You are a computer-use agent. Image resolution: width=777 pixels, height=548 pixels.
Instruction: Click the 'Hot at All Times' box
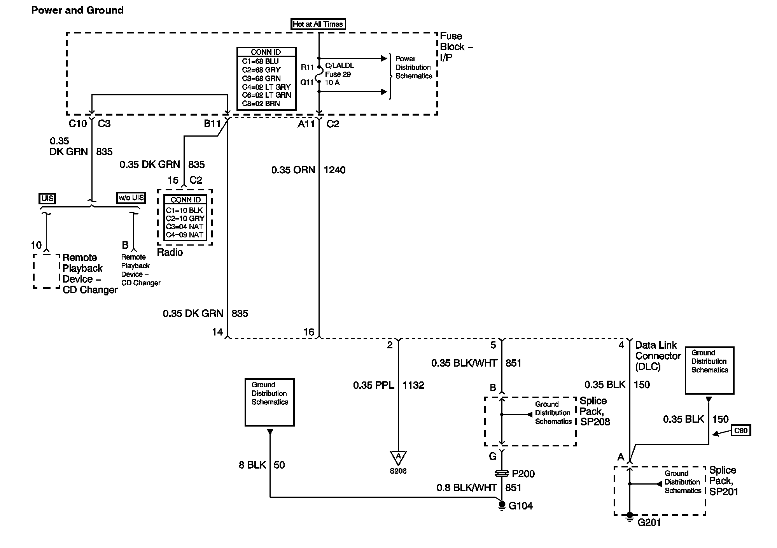(318, 24)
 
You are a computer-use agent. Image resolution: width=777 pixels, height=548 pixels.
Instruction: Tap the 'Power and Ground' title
(77, 10)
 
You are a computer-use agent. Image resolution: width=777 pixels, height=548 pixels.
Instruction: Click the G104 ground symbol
(502, 506)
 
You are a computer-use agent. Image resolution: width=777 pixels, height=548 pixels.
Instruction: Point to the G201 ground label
(649, 522)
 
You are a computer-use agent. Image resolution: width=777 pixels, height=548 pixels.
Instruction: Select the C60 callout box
(740, 430)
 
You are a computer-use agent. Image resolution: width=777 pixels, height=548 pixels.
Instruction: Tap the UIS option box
(47, 198)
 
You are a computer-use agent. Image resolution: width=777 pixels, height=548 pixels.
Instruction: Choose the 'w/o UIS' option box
(131, 198)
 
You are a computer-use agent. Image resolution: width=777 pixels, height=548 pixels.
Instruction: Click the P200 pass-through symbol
(502, 474)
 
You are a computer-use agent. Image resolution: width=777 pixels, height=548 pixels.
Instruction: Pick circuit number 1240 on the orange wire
(334, 170)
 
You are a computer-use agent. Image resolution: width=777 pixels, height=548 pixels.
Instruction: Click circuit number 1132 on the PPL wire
(413, 385)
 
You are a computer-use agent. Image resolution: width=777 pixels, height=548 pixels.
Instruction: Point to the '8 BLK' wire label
(252, 465)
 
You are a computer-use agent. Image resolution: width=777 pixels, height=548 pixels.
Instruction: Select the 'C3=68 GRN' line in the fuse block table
(261, 78)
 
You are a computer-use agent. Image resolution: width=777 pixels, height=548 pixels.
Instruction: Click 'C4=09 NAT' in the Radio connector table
(185, 235)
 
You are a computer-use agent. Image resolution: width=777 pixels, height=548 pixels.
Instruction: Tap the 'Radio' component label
(170, 253)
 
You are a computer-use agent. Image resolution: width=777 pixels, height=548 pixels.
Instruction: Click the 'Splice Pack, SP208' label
(595, 411)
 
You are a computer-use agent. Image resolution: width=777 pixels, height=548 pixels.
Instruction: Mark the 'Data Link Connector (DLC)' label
(658, 356)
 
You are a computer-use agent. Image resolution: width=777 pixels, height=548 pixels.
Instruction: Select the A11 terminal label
(306, 124)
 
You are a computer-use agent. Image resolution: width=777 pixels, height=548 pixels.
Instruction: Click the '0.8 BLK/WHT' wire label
(466, 488)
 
